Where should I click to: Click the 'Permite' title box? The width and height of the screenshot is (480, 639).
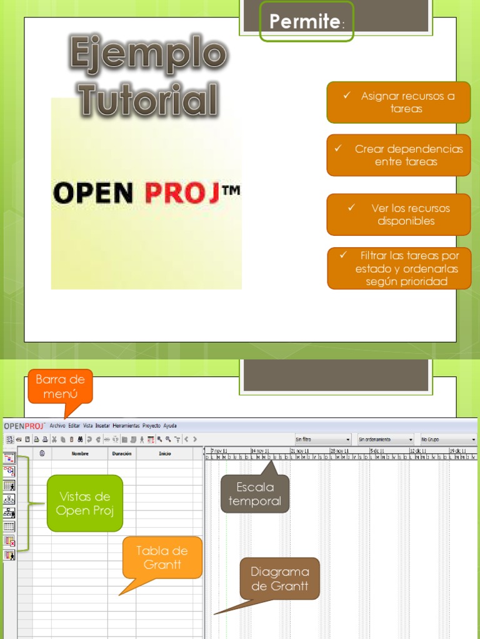click(307, 22)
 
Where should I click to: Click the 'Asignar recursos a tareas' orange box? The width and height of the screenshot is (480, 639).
click(398, 102)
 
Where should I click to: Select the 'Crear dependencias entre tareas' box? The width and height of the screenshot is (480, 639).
click(398, 155)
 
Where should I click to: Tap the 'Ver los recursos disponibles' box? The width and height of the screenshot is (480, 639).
click(398, 215)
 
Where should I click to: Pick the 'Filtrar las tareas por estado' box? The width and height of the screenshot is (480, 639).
click(399, 269)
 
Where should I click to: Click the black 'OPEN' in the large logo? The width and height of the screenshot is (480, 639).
click(93, 193)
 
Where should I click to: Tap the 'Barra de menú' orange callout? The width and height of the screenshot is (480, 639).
click(61, 386)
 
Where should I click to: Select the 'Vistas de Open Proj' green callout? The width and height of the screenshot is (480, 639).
click(84, 504)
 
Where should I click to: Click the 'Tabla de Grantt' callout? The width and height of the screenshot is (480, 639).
click(162, 557)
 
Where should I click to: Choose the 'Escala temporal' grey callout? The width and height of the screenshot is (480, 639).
click(255, 494)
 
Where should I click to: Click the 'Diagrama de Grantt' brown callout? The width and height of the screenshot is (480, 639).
click(280, 578)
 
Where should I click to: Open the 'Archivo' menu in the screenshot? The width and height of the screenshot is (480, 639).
click(57, 426)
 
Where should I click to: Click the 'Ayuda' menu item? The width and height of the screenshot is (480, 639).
click(170, 426)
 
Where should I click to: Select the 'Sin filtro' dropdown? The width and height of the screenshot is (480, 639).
click(322, 439)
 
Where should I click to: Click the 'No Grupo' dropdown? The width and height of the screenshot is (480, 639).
click(448, 439)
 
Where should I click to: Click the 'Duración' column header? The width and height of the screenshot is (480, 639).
click(122, 454)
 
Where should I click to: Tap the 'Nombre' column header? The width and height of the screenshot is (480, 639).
click(80, 454)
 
